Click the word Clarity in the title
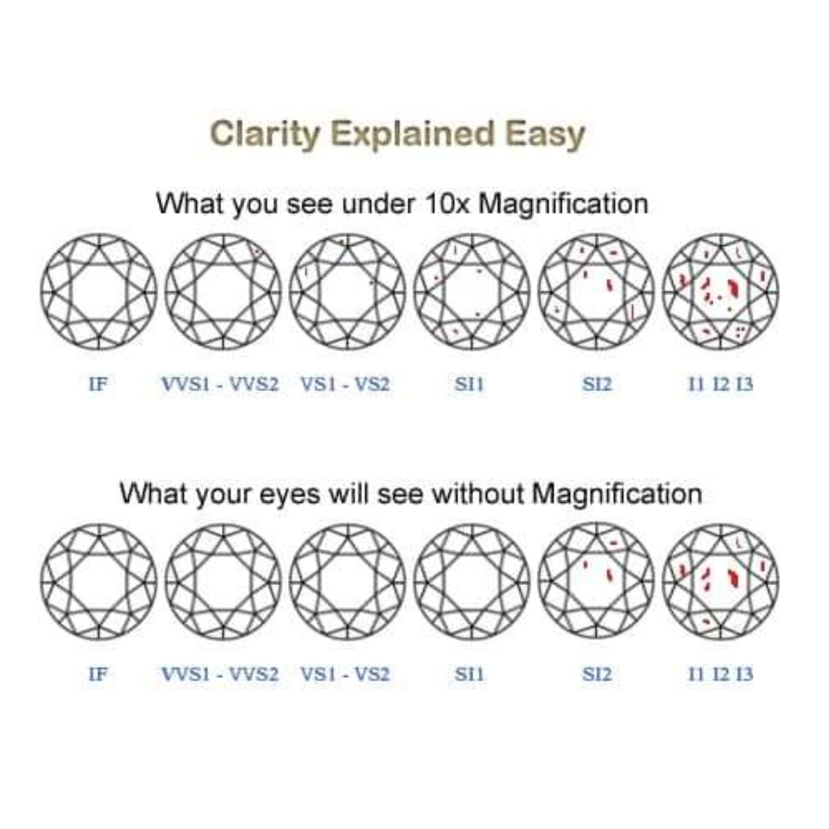point(265,133)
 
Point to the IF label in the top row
point(99,384)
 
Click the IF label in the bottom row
point(99,674)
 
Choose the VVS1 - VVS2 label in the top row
point(220,384)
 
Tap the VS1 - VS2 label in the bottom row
point(345,674)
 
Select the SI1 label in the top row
point(470,384)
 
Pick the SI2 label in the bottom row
point(597,674)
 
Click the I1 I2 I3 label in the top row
point(721,384)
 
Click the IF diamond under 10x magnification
point(99,292)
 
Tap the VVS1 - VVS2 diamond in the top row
point(223,292)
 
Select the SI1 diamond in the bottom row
point(472,582)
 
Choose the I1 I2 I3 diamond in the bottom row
point(721,582)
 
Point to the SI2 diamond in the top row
point(596,292)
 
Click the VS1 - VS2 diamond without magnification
point(347,582)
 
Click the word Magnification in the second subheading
point(618,494)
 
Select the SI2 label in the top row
point(597,384)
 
